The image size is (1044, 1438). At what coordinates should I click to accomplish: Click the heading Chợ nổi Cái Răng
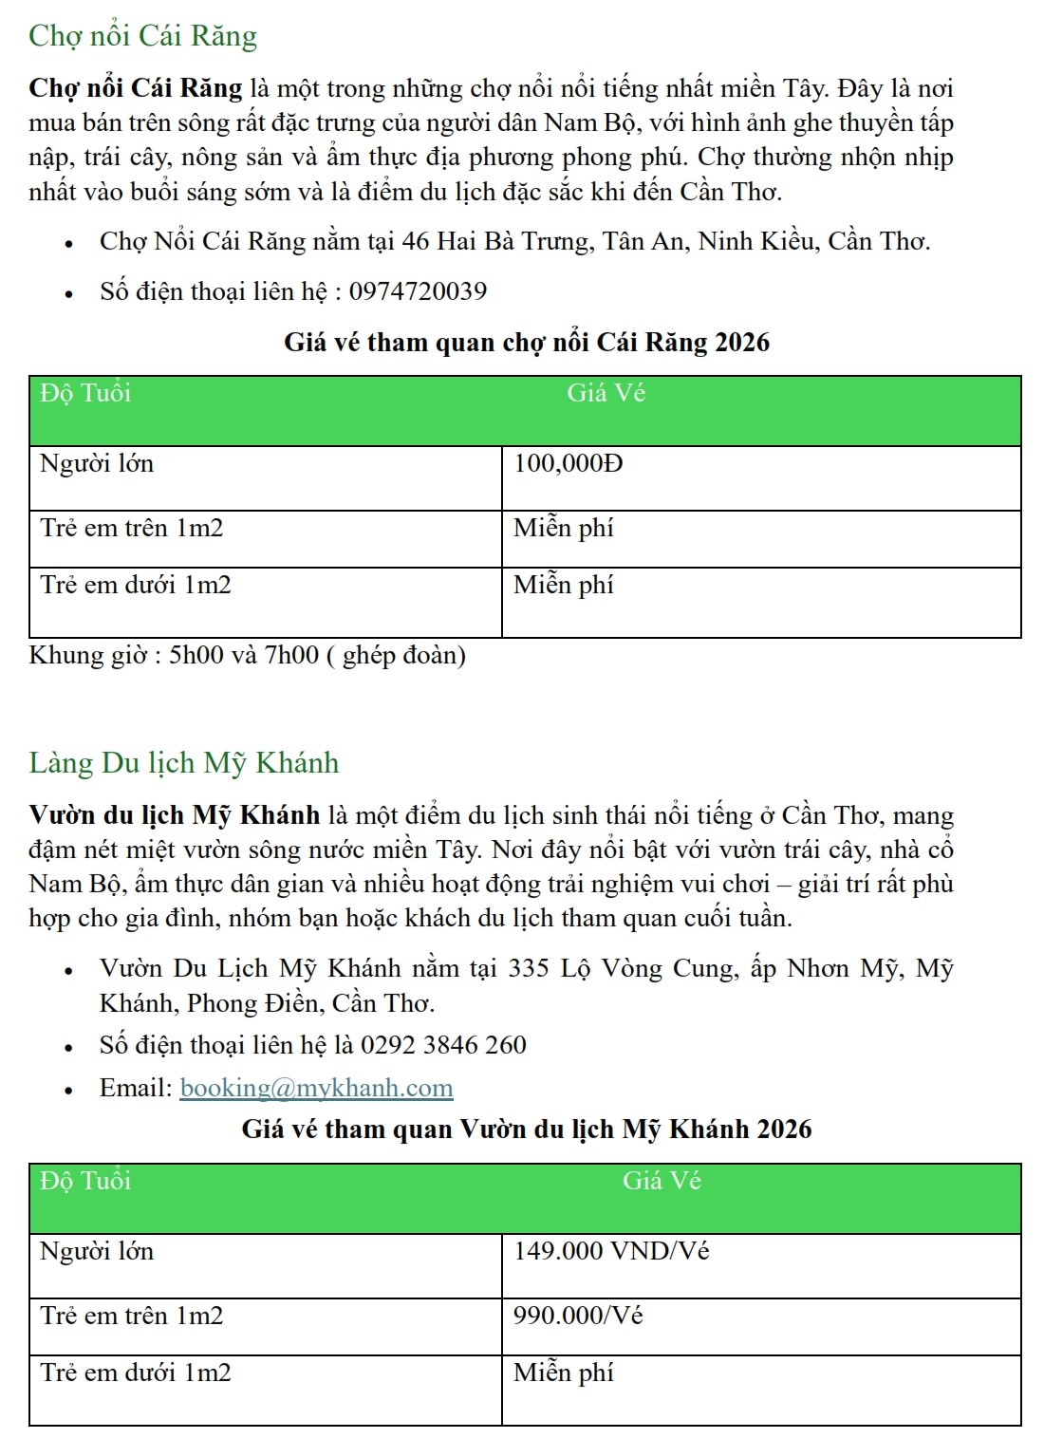coord(142,36)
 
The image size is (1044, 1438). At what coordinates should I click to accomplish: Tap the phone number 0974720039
coord(418,291)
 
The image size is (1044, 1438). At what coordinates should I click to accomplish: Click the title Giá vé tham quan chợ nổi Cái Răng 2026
coord(527,342)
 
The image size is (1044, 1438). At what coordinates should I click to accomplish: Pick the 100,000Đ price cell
coord(569,464)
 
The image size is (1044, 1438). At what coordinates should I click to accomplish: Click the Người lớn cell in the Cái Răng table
coord(97,464)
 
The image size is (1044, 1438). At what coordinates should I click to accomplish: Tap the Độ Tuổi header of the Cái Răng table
coord(85,394)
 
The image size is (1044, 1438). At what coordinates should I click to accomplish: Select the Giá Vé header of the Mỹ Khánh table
coord(662,1181)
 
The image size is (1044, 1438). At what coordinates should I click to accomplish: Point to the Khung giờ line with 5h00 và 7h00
coord(248,656)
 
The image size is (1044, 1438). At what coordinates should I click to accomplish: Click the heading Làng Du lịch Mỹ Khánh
coord(183,763)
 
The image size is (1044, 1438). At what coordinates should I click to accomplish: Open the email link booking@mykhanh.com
coord(316,1088)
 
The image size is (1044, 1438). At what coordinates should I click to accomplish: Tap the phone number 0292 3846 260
coord(443,1045)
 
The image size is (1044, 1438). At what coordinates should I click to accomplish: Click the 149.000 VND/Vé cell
coord(611,1251)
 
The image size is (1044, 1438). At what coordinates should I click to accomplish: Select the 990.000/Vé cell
coord(578,1316)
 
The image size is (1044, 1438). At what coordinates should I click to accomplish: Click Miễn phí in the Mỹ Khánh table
coord(564,1373)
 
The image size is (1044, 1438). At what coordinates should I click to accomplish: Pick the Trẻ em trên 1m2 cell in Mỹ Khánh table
coord(132,1316)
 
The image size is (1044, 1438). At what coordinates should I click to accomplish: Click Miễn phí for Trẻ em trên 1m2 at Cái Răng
coord(564,528)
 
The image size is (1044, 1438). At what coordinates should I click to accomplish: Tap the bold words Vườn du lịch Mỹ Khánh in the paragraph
coord(175,815)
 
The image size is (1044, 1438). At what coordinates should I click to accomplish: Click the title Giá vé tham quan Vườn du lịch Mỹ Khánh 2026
coord(527,1130)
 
